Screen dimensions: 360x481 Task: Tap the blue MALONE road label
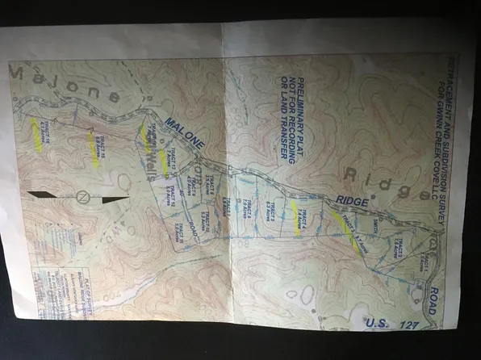186,133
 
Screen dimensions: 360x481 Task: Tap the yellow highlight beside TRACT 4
296,217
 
